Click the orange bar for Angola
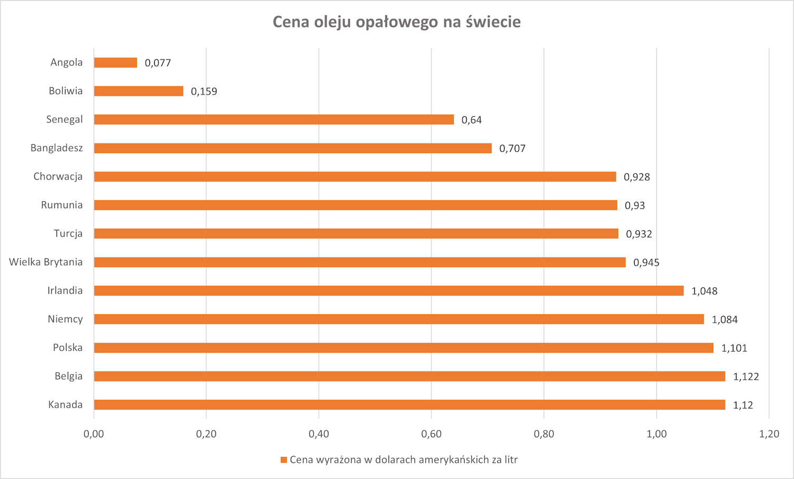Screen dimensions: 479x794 pyautogui.click(x=115, y=63)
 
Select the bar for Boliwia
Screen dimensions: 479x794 pyautogui.click(x=138, y=91)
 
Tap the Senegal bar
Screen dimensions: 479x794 pyautogui.click(x=273, y=120)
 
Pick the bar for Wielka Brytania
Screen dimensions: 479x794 pyautogui.click(x=360, y=262)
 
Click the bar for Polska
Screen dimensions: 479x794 pyautogui.click(x=403, y=348)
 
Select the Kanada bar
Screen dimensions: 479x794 pyautogui.click(x=409, y=405)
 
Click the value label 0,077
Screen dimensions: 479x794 pyautogui.click(x=158, y=63)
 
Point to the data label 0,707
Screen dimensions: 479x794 pyautogui.click(x=512, y=148)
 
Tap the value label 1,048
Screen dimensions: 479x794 pyautogui.click(x=704, y=291)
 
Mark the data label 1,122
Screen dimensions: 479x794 pyautogui.click(x=745, y=377)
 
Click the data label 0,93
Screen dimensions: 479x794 pyautogui.click(x=635, y=205)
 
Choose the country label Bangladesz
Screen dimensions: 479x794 pyautogui.click(x=56, y=148)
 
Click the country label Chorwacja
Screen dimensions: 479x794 pyautogui.click(x=58, y=176)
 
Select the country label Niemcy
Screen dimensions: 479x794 pyautogui.click(x=65, y=319)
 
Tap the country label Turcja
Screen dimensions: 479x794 pyautogui.click(x=68, y=233)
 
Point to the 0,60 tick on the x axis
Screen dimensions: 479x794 pyautogui.click(x=431, y=434)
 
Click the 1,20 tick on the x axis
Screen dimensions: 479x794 pyautogui.click(x=769, y=434)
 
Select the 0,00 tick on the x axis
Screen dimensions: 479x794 pyautogui.click(x=94, y=434)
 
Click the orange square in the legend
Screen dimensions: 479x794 pyautogui.click(x=283, y=460)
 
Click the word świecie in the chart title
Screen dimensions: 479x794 pyautogui.click(x=493, y=22)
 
